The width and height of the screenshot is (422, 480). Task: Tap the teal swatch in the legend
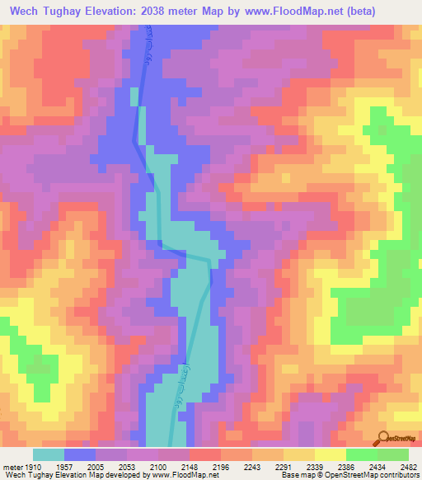pos(49,454)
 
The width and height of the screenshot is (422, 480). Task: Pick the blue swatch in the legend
pos(80,454)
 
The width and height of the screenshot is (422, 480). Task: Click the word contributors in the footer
pos(400,475)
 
